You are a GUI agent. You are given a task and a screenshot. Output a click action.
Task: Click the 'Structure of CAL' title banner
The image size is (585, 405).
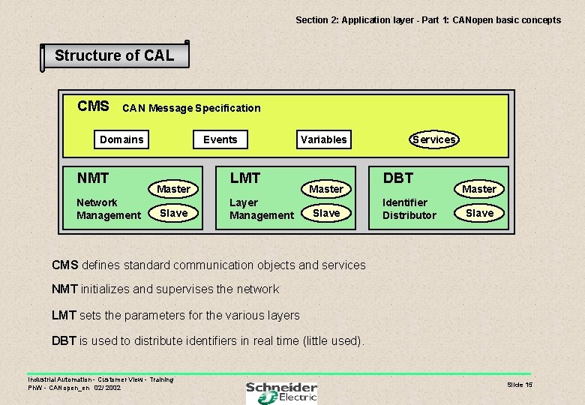114,55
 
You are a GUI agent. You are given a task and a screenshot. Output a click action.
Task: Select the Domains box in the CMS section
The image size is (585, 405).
121,139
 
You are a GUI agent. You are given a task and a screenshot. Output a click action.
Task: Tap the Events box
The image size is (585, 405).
220,139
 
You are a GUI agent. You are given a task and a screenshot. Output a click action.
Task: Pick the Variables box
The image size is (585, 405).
323,139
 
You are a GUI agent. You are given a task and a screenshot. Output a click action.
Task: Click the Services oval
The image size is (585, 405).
433,139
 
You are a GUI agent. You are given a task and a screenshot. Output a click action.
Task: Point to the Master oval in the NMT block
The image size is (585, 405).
173,189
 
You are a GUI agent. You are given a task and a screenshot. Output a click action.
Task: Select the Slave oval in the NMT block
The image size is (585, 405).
173,213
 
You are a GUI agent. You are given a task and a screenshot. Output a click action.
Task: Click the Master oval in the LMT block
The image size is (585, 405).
326,189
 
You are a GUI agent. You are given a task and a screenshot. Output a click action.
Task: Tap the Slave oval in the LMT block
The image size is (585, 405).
326,213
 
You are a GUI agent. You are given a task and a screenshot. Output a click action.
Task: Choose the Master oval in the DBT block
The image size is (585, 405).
479,189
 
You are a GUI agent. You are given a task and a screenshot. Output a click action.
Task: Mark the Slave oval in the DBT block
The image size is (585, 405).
479,213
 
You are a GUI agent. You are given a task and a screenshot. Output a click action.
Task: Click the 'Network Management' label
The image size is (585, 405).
108,208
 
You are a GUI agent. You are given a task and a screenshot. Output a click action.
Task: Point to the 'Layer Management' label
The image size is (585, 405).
261,208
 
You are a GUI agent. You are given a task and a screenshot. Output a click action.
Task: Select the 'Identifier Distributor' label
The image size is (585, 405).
409,208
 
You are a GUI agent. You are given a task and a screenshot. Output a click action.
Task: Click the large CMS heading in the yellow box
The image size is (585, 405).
94,106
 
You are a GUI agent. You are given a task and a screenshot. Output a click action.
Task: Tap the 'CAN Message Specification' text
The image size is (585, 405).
191,108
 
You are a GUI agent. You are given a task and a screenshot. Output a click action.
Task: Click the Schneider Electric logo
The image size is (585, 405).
281,392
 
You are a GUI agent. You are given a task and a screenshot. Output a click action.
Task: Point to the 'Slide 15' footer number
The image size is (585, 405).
519,385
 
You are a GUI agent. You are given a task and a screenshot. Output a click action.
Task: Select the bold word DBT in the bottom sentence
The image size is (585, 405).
64,340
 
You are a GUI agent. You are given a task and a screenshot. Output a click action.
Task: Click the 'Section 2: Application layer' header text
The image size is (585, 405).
427,20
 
